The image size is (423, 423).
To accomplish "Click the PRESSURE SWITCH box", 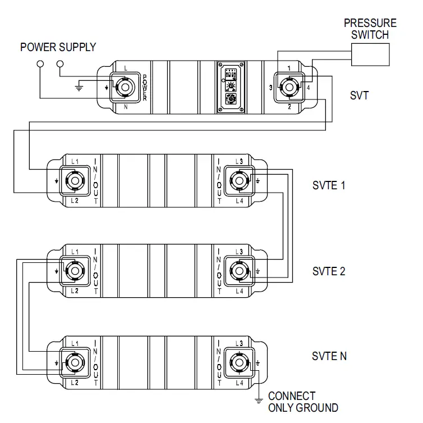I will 370,54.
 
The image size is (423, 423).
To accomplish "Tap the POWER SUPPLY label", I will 58,47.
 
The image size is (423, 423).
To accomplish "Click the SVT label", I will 359,95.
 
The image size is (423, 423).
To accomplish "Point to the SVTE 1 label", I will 329,185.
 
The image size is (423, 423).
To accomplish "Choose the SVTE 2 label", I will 329,271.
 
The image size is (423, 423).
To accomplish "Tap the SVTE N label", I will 329,356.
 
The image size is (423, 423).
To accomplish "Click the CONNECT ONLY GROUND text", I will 303,402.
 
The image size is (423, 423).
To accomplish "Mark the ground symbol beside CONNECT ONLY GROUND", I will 259,400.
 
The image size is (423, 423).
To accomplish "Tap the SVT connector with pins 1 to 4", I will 289,87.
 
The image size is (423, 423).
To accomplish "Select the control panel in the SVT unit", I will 229,87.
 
